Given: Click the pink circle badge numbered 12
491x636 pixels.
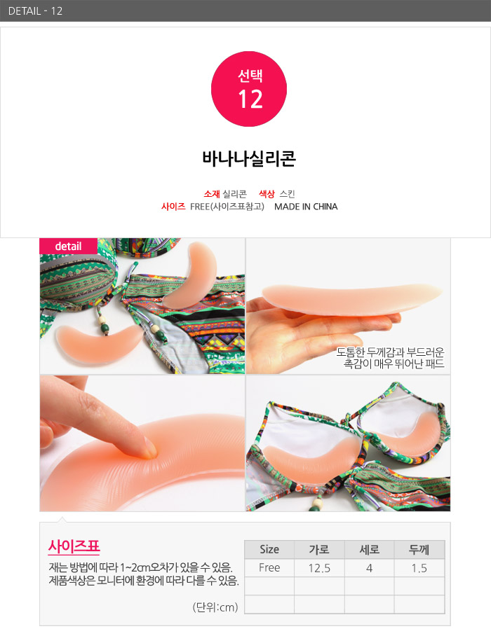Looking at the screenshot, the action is (x=248, y=89).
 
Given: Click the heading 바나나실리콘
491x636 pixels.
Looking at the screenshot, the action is (x=249, y=158).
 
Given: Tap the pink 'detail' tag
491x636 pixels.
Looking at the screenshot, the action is (x=68, y=247).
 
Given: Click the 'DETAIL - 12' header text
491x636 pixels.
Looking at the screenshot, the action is (x=35, y=11).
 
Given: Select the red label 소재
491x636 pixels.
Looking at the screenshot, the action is (x=212, y=194).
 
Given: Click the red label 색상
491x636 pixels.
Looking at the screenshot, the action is (x=267, y=194).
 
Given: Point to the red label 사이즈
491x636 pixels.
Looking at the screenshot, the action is (x=173, y=207).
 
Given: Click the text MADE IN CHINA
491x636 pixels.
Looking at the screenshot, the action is (x=306, y=207).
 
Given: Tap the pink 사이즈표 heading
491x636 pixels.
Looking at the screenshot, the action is (x=74, y=546).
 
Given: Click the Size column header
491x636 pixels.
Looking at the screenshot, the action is (x=269, y=549).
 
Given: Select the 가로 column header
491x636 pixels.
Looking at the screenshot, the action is (x=319, y=549).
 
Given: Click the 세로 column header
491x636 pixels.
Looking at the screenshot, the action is (x=369, y=549).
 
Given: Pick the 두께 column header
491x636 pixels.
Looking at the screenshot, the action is (x=419, y=549).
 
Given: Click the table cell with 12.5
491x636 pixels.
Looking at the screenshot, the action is (x=319, y=568).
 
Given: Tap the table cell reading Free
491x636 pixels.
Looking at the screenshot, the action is (x=269, y=568).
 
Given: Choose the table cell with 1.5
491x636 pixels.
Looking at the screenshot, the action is (x=419, y=568).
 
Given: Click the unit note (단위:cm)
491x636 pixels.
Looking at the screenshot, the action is (x=215, y=607).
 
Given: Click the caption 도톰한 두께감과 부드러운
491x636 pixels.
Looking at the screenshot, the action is (x=390, y=352).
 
